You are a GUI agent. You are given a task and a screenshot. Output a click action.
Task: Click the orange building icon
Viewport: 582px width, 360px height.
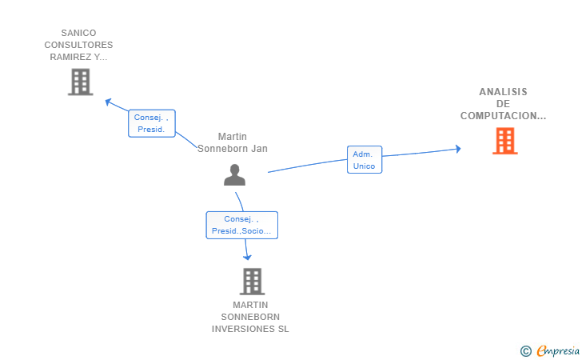504,141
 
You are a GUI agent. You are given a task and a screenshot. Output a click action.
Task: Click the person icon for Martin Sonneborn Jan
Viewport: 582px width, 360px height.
234,174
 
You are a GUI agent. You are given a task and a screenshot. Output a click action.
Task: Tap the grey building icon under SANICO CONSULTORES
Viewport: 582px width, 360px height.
81,82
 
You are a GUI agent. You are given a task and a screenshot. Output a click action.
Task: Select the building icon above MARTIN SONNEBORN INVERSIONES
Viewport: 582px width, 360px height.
252,282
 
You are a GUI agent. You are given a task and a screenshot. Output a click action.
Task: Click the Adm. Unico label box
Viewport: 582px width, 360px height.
365,160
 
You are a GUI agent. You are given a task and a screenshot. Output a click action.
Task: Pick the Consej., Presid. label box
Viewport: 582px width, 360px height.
151,123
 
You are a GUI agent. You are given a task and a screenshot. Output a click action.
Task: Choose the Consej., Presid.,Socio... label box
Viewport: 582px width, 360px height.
241,225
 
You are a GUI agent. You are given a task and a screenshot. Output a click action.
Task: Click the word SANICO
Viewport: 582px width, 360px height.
78,33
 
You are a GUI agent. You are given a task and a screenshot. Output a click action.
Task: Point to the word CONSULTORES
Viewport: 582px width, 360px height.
78,45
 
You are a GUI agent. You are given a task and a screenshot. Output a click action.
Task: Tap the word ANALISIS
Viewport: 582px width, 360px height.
503,92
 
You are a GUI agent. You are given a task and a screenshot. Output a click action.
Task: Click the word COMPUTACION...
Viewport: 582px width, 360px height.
500,116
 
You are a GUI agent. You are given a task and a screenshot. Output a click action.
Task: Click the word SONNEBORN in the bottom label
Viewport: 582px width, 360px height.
250,317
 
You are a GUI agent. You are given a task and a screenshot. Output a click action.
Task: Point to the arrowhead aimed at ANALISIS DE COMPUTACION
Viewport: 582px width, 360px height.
458,149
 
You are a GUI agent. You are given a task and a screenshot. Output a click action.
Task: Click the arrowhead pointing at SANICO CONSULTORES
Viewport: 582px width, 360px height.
109,102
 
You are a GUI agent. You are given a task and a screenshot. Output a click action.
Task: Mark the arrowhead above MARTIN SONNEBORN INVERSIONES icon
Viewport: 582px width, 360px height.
247,257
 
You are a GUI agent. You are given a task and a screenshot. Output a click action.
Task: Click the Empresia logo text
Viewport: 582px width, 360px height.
558,350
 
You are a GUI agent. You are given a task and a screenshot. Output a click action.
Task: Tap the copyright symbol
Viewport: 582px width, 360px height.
526,351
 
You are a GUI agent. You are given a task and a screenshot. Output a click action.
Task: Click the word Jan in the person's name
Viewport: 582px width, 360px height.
259,149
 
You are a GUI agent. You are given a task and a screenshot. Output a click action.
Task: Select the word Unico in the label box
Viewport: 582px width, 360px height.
364,166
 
